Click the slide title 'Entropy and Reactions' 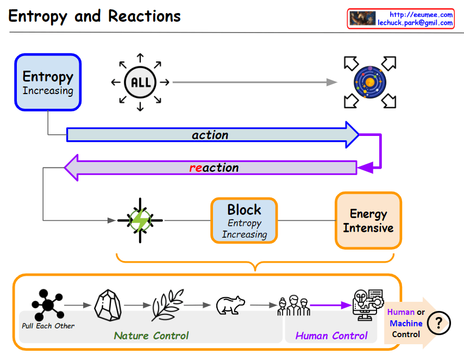[95, 16]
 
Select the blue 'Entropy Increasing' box [48, 82]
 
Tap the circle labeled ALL [140, 83]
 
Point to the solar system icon [369, 82]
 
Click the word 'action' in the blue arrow [210, 135]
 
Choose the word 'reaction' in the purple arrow [214, 168]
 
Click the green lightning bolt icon [140, 220]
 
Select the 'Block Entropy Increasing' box [244, 220]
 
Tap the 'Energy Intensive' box [368, 221]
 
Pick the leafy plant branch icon [166, 305]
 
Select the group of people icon [293, 306]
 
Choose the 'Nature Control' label [152, 336]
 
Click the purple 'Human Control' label [331, 336]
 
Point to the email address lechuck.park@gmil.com [415, 23]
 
